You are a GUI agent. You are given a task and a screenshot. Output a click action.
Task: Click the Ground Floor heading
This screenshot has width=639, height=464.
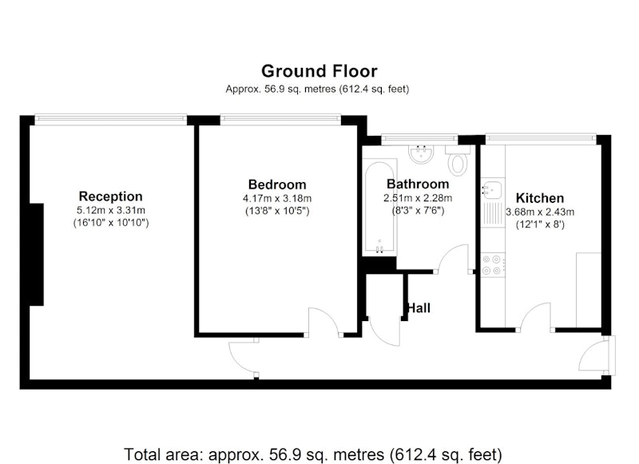click(319, 71)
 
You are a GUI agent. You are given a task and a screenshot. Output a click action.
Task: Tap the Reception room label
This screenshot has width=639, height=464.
click(110, 196)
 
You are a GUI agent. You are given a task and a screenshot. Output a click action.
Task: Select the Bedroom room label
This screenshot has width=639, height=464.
click(277, 184)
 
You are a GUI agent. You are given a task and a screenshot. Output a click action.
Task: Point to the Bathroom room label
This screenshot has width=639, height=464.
click(418, 184)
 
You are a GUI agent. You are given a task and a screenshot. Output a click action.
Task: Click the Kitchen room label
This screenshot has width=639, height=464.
click(540, 198)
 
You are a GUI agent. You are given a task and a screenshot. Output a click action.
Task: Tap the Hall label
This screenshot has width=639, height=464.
click(419, 308)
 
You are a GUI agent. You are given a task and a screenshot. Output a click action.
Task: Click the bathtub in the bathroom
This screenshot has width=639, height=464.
click(379, 207)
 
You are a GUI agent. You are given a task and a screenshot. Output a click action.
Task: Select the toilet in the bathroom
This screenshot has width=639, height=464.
click(458, 159)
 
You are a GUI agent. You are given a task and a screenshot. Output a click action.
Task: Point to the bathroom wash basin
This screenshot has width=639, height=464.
click(421, 155)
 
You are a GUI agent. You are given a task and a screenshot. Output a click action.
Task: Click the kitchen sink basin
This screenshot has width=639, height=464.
click(493, 188)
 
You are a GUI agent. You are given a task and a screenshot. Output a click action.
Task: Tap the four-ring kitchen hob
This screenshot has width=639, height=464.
click(491, 265)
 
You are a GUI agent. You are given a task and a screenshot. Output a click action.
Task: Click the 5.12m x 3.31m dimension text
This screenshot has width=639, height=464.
click(111, 211)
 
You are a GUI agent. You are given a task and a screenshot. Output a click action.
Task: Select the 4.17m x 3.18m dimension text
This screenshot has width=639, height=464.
click(277, 199)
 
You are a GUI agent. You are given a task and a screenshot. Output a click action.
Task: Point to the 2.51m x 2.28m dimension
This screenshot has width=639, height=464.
click(418, 198)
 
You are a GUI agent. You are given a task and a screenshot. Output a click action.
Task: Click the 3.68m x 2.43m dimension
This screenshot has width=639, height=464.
click(540, 212)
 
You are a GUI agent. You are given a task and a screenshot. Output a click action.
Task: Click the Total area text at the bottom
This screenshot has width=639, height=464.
click(313, 454)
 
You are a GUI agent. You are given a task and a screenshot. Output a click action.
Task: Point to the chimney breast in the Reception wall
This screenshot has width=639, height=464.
click(37, 255)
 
